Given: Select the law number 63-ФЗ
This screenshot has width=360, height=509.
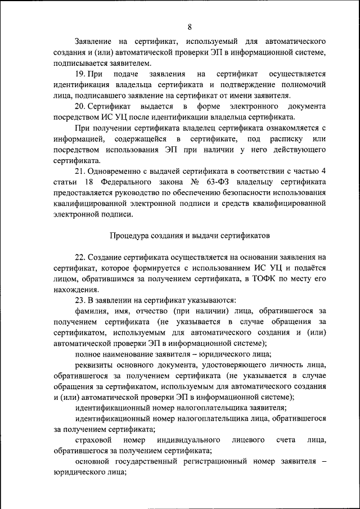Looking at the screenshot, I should pyautogui.click(x=222, y=182).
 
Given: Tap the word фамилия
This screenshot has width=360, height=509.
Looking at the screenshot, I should pyautogui.click(x=93, y=311).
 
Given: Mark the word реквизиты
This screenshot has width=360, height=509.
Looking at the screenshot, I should pyautogui.click(x=95, y=365).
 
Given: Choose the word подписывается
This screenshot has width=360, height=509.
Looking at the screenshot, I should pyautogui.click(x=80, y=63).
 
